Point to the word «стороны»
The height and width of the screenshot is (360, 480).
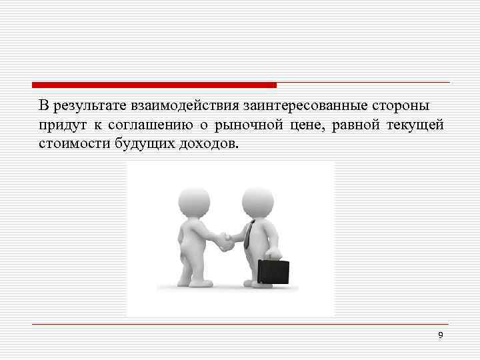click(x=379, y=106)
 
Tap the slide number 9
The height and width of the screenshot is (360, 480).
click(x=441, y=335)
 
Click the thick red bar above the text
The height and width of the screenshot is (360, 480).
click(x=154, y=85)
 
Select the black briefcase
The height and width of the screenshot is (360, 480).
click(x=274, y=271)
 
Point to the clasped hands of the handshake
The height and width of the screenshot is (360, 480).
click(x=227, y=241)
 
